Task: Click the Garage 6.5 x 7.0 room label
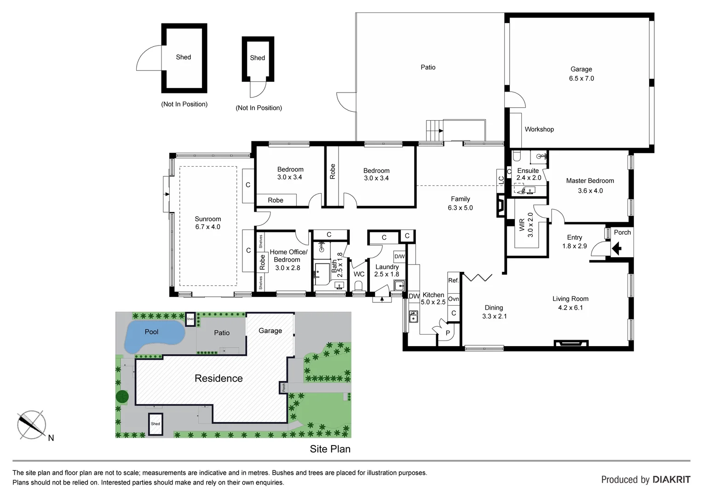point(581,74)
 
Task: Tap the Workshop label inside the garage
point(539,129)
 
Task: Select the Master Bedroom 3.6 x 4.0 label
point(590,185)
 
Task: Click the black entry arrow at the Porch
point(617,249)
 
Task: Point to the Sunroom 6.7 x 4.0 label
point(207,223)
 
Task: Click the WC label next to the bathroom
point(359,274)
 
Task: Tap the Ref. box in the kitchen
point(453,280)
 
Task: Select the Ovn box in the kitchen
point(453,299)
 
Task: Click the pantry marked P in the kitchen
point(447,333)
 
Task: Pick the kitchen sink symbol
point(413,316)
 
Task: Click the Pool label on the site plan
point(151,332)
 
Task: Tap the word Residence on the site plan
point(219,378)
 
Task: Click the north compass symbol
point(31,424)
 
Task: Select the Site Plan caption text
point(330,449)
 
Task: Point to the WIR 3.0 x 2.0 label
point(526,225)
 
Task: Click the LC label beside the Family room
point(501,180)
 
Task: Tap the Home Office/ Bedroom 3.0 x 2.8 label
point(288,260)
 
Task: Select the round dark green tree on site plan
point(122,396)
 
